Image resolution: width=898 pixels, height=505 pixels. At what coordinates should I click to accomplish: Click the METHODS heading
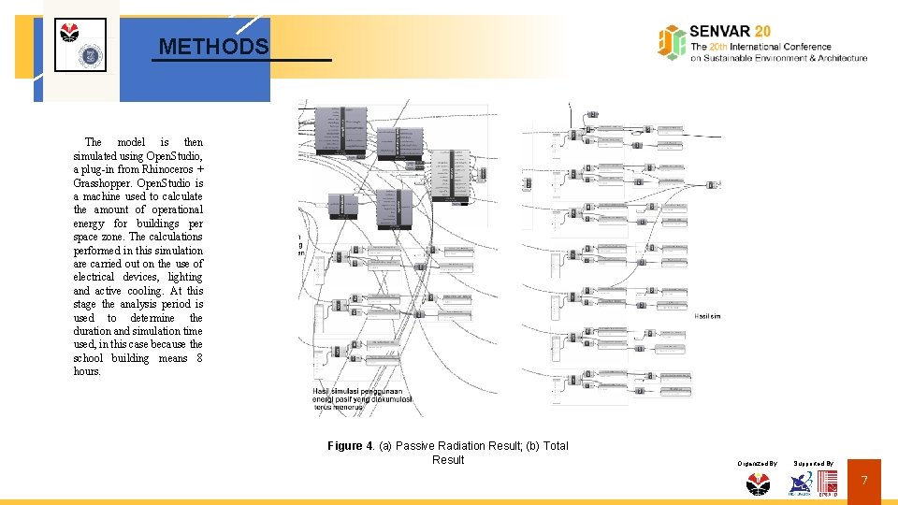tap(213, 46)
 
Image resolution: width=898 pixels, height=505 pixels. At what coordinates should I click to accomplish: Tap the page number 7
tap(864, 481)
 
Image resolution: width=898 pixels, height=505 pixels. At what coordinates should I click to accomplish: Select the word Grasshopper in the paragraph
tap(104, 183)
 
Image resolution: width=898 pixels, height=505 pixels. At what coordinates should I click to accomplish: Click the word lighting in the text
tap(185, 278)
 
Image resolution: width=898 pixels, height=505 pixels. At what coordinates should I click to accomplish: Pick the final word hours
tap(87, 372)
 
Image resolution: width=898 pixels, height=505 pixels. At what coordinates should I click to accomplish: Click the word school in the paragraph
tap(89, 358)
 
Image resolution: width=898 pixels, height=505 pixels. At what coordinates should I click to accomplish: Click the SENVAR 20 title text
tap(731, 31)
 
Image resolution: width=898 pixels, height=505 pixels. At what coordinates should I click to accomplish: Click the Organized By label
tap(757, 463)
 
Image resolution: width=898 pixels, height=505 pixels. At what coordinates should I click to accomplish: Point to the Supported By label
tap(813, 463)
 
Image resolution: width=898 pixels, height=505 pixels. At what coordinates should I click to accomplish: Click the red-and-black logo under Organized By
tap(757, 483)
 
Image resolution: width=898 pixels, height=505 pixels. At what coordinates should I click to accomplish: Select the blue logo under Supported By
tap(801, 483)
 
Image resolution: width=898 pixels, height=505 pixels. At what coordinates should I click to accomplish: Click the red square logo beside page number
tap(828, 483)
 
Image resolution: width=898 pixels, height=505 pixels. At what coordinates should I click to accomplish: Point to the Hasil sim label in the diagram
tap(707, 316)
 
